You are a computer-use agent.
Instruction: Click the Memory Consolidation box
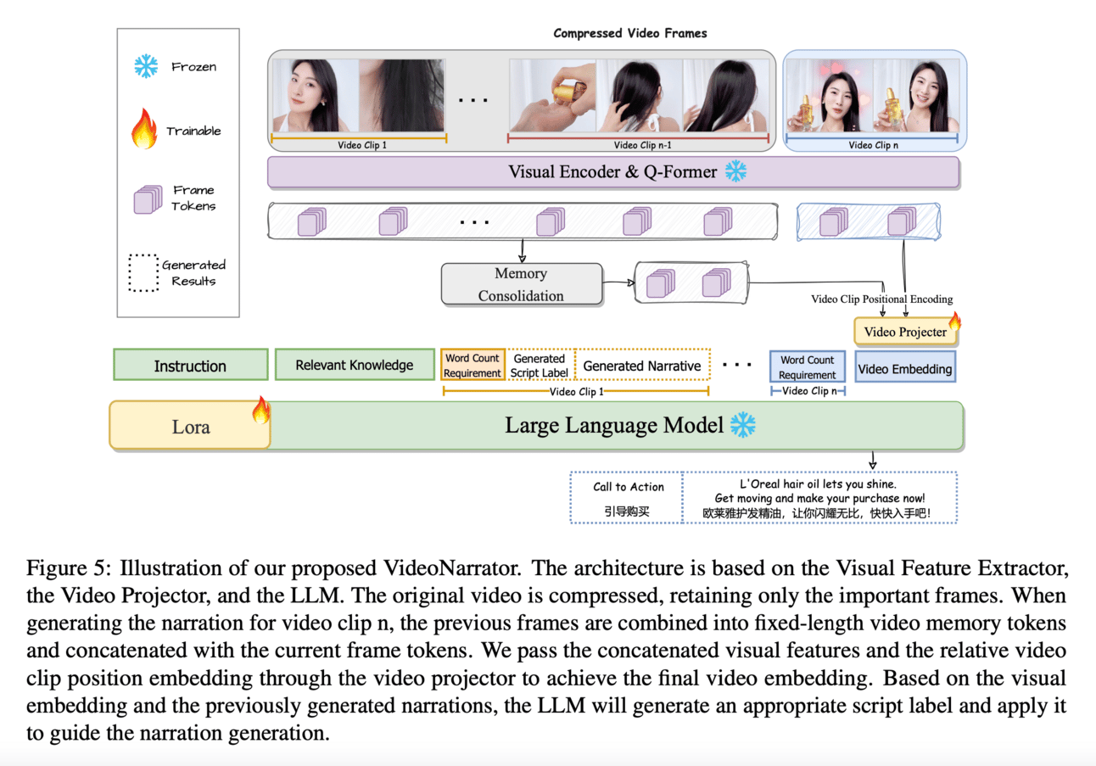[x=520, y=284]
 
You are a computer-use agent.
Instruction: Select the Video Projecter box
[x=904, y=332]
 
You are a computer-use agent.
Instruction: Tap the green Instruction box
[x=189, y=366]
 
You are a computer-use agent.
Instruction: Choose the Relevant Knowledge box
[x=354, y=366]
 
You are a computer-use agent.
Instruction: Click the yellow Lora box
[x=190, y=426]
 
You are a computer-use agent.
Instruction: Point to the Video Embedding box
[x=904, y=369]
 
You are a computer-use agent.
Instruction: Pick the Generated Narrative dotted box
[x=642, y=366]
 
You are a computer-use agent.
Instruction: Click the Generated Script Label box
[x=539, y=366]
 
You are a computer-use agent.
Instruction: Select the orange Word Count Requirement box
[x=473, y=366]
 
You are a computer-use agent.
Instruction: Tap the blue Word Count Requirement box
[x=807, y=367]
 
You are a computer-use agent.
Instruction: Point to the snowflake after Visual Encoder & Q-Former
[x=735, y=171]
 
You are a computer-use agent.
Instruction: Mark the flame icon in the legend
[x=145, y=131]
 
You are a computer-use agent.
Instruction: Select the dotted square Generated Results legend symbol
[x=145, y=272]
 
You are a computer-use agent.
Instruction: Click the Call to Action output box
[x=628, y=498]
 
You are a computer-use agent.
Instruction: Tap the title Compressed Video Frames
[x=629, y=34]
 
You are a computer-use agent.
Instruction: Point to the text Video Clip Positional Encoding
[x=882, y=299]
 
